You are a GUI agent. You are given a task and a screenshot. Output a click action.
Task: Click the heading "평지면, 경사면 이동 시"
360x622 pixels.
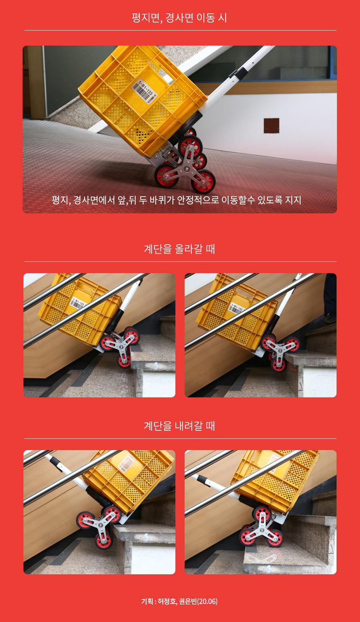[x=179, y=18]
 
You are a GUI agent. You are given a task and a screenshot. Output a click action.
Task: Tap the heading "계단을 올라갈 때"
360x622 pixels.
[x=179, y=249]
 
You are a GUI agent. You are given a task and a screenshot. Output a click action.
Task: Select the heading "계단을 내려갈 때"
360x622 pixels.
[x=179, y=426]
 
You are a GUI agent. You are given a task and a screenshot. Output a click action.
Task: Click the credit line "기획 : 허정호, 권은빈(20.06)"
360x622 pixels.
[x=179, y=601]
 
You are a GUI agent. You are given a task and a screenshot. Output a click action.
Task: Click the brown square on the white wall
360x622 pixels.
[x=271, y=125]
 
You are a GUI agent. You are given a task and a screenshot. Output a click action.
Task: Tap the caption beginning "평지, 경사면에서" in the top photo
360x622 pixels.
[x=177, y=200]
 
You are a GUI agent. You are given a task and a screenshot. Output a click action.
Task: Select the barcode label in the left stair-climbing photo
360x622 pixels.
[x=77, y=303]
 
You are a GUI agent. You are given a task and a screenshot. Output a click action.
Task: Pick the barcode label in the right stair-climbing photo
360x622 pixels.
[x=236, y=308]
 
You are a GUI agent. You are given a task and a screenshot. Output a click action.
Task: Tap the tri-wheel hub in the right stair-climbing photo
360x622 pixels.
[x=280, y=350]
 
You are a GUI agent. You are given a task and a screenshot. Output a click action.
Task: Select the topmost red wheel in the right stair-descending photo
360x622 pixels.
[x=262, y=513]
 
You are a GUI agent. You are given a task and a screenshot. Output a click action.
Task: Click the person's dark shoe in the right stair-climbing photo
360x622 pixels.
[x=330, y=318]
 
